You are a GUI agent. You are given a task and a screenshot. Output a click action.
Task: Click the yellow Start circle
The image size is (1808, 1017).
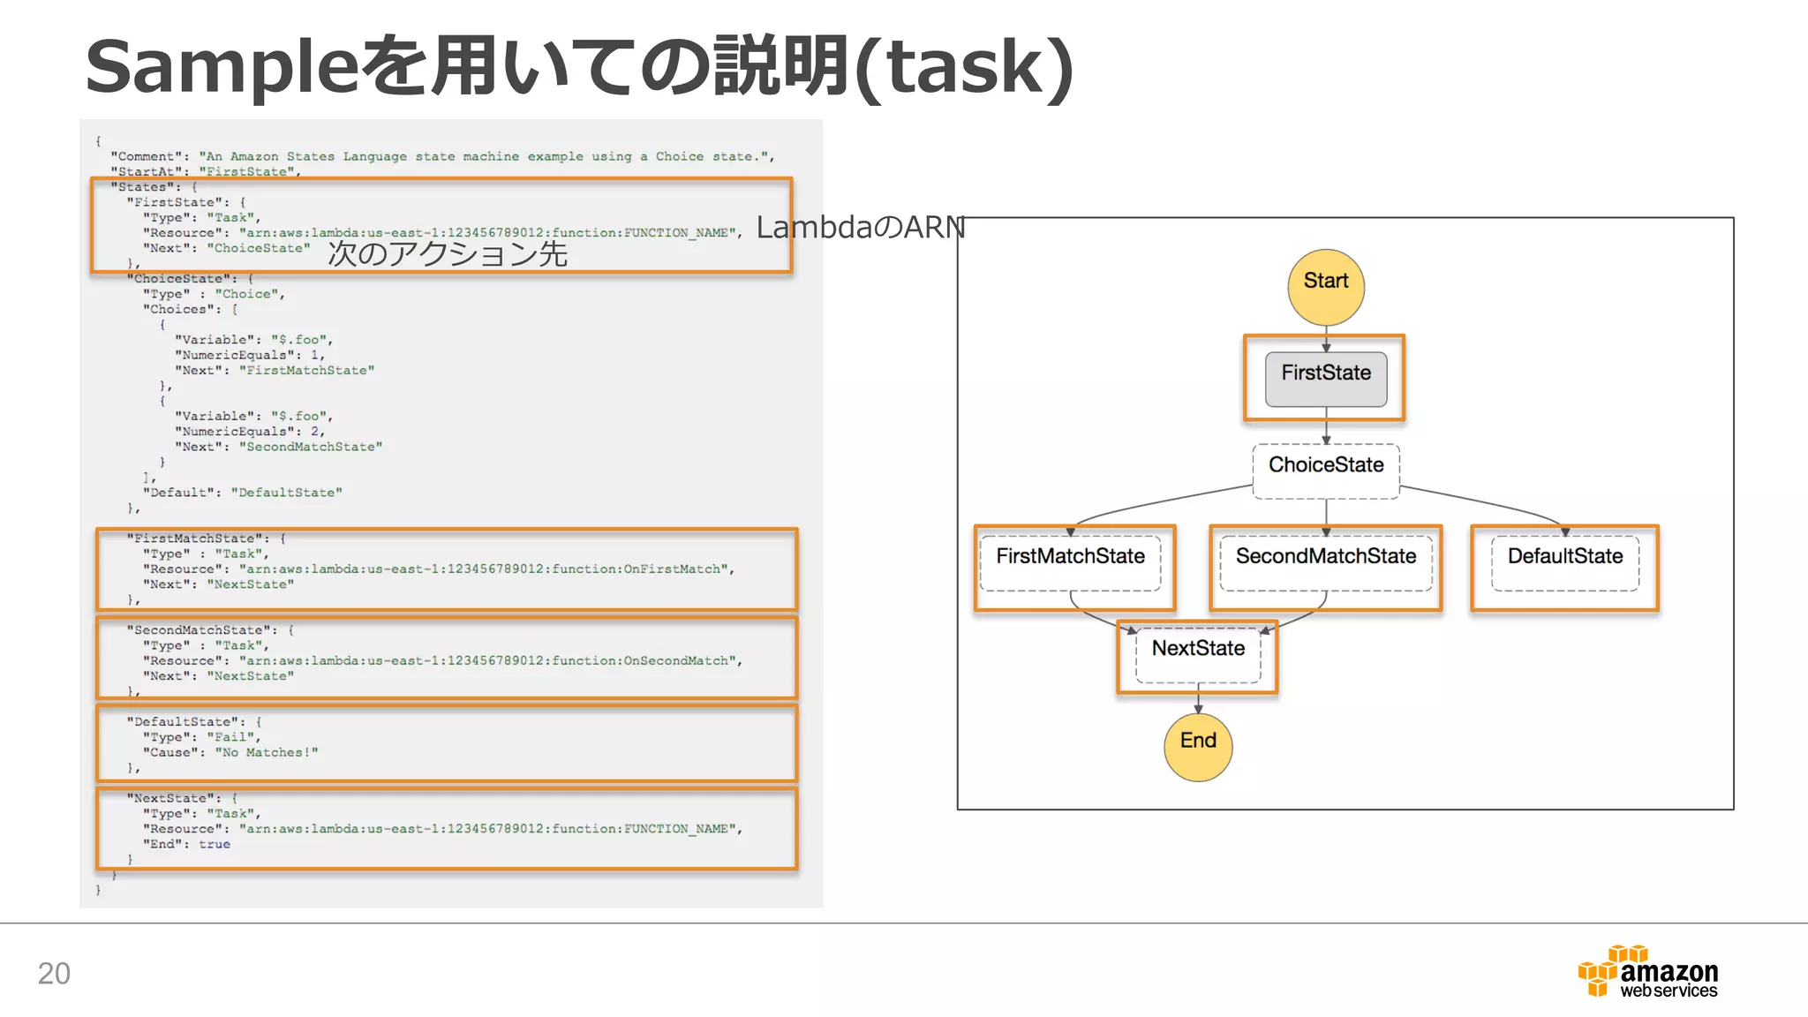1325,287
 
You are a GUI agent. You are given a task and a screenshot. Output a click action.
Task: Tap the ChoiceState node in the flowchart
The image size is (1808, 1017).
1325,471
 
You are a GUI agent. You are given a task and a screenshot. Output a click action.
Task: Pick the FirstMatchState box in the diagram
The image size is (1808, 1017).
1070,563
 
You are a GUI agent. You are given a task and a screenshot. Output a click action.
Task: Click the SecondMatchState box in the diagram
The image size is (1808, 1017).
1325,563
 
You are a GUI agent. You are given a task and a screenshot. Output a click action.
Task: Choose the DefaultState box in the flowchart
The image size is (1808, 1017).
1564,563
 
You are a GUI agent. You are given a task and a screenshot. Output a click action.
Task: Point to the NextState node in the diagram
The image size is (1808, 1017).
1198,655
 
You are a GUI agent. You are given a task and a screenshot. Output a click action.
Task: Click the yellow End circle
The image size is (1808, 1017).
1198,747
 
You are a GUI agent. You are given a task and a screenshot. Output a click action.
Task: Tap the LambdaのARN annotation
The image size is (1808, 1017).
860,228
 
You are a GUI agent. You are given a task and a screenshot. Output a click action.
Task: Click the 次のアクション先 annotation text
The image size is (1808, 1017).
447,254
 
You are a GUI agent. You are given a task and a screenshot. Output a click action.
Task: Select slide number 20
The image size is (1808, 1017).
54,973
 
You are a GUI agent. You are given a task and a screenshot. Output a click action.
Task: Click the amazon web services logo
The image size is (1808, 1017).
1647,972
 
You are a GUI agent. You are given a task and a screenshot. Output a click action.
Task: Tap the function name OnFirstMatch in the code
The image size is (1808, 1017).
675,569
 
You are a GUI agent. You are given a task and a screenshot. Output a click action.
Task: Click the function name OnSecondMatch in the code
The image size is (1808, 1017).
679,661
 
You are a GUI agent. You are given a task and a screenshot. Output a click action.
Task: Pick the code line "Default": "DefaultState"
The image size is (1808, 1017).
242,493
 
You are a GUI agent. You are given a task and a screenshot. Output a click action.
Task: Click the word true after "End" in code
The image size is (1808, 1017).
214,845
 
